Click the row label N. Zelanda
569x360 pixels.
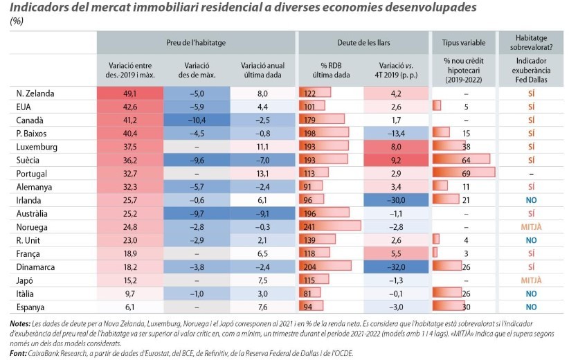pos(36,93)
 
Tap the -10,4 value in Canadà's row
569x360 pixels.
pos(196,120)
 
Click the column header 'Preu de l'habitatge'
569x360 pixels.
pos(196,43)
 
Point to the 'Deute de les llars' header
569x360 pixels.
pos(363,43)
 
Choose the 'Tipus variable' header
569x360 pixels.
pos(463,43)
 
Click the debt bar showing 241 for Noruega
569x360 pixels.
pos(329,225)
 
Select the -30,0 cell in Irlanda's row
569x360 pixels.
pos(397,199)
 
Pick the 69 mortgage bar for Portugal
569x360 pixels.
pos(463,172)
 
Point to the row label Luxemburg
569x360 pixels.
pos(37,146)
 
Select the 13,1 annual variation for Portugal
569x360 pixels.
pos(262,172)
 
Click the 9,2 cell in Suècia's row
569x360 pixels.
pos(397,159)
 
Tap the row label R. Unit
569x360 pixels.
pos(30,239)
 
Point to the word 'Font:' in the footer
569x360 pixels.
pos(19,353)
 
